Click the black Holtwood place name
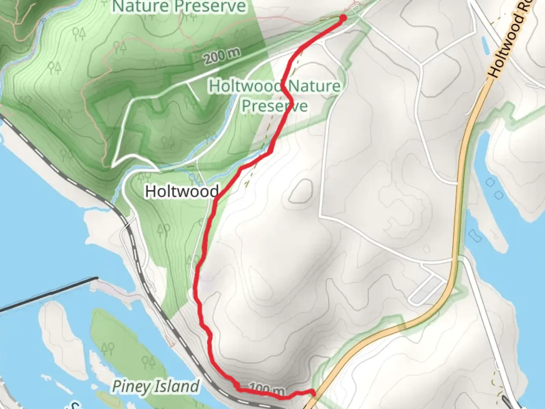[x=182, y=191]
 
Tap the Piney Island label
[x=156, y=386]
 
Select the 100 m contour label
[x=267, y=389]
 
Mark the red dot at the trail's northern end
[x=343, y=18]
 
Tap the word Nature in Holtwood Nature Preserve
[x=314, y=86]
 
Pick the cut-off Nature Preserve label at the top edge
[x=179, y=6]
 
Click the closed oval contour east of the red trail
[x=301, y=191]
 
